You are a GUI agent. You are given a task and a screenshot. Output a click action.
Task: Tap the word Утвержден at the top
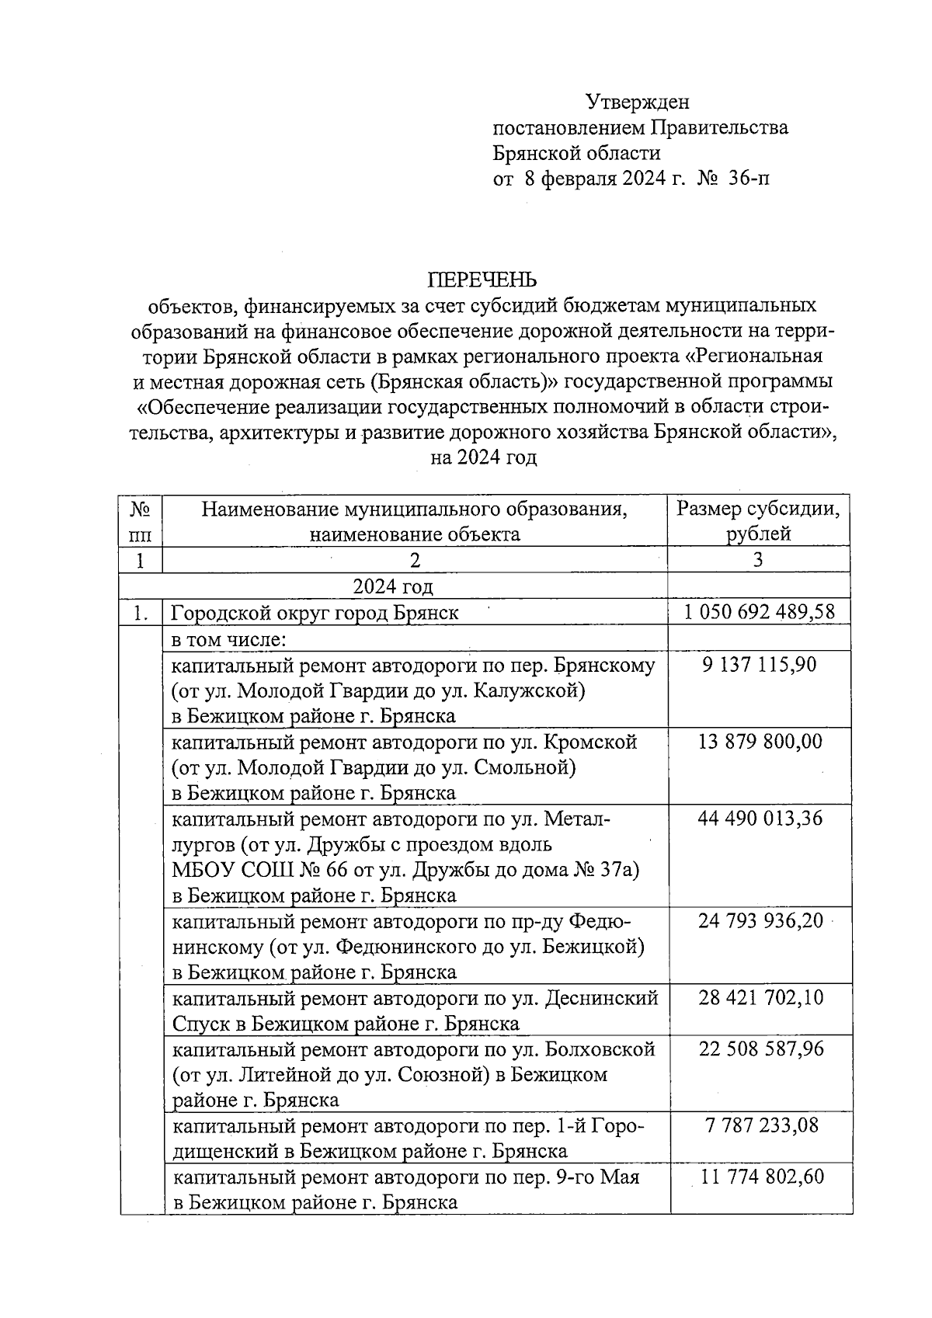click(638, 102)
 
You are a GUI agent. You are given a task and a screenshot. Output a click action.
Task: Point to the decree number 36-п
click(749, 179)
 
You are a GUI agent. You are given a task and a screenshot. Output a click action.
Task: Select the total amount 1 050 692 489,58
click(759, 612)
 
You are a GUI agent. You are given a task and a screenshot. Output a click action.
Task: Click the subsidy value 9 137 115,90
click(759, 665)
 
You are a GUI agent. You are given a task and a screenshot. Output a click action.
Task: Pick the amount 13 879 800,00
click(759, 742)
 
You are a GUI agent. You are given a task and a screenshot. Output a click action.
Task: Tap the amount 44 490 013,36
click(759, 819)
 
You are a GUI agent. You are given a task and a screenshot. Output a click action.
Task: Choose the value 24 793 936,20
click(759, 921)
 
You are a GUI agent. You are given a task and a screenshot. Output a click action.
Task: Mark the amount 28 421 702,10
click(759, 997)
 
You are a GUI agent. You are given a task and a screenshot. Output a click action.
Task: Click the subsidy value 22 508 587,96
click(759, 1049)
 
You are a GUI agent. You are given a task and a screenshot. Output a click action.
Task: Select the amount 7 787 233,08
click(759, 1125)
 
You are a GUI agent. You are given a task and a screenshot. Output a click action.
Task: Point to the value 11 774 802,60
click(759, 1177)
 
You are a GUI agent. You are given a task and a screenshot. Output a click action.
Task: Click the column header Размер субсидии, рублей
click(758, 521)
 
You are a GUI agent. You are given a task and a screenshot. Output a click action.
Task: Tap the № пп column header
click(141, 521)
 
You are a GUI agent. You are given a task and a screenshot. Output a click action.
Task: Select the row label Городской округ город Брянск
click(315, 613)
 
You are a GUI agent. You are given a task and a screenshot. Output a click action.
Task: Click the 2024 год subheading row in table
click(393, 586)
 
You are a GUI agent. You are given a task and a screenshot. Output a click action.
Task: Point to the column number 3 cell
click(758, 560)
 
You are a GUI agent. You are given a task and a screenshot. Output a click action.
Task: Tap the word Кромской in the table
click(590, 742)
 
